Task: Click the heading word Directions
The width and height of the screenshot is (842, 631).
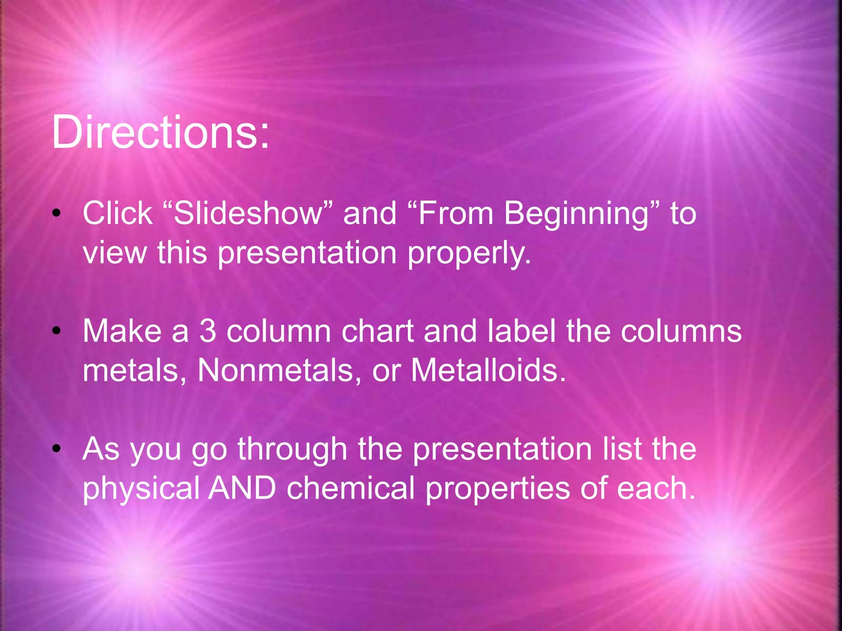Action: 160,132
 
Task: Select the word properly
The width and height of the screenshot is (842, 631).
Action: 469,253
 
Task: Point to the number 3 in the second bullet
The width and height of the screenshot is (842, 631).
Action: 208,331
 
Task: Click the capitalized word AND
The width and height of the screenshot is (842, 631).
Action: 242,488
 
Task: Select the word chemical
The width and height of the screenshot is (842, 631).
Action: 351,488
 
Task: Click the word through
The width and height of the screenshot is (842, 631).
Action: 292,449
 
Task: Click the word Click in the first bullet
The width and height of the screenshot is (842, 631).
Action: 118,214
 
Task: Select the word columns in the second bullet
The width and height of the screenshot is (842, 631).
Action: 681,331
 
